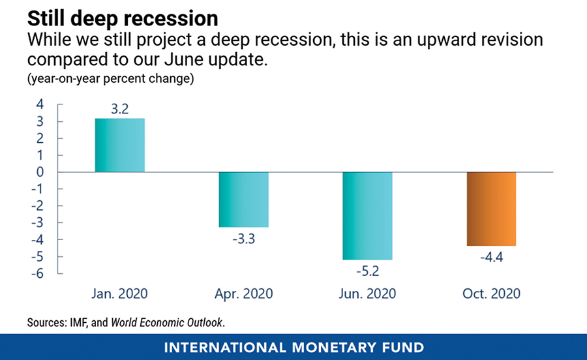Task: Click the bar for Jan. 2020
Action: tap(120, 145)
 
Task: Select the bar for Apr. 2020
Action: tap(243, 200)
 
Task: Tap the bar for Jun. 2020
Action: tap(367, 215)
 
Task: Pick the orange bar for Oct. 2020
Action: tap(491, 209)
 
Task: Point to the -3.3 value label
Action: tap(243, 239)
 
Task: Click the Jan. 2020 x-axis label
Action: tap(120, 293)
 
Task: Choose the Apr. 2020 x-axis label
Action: tap(243, 293)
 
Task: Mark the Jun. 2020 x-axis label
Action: tap(367, 293)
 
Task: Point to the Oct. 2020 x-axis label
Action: tap(491, 293)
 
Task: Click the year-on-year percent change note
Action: tap(111, 80)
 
